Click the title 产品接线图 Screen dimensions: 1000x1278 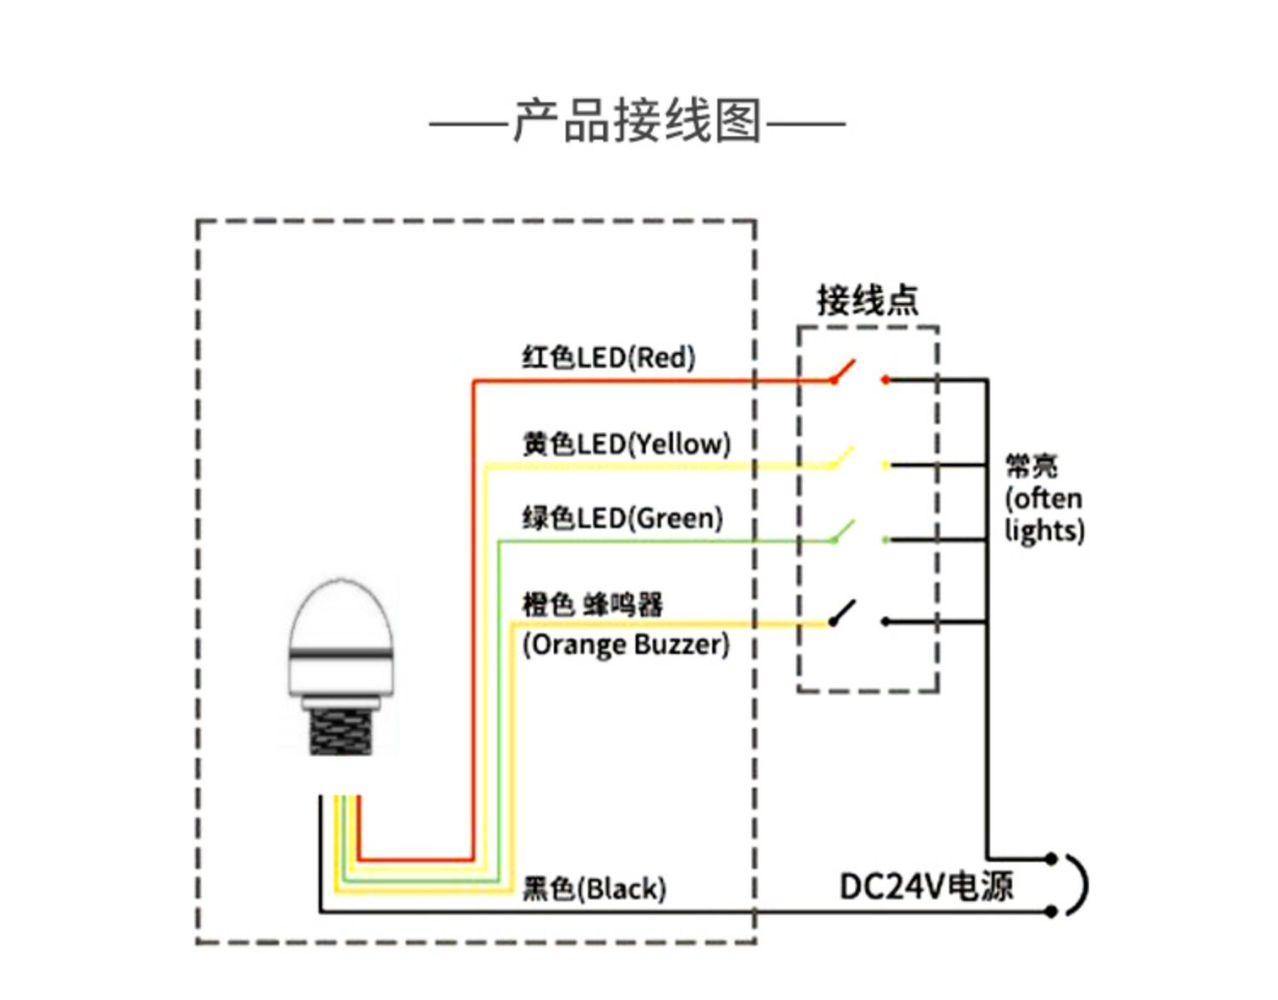click(636, 121)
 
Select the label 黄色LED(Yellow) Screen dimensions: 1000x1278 click(626, 443)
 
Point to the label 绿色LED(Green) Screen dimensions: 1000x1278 click(622, 517)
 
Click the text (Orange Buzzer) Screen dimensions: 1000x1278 click(625, 645)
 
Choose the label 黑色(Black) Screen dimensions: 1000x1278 click(594, 888)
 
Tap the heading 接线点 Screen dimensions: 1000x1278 click(867, 300)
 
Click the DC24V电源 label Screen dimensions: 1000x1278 click(926, 887)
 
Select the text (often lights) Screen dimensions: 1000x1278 click(1044, 514)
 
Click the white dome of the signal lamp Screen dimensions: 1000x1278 click(342, 614)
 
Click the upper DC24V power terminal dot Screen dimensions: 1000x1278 click(1051, 858)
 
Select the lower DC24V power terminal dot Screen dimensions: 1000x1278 click(1051, 911)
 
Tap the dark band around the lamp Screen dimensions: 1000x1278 click(342, 655)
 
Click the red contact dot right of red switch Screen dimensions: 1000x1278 click(886, 380)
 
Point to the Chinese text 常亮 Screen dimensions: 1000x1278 click(1031, 465)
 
